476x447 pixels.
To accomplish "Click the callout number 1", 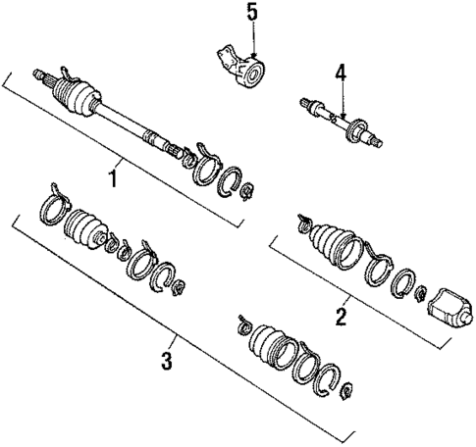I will [x=114, y=179].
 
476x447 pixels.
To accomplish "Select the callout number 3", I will [x=167, y=360].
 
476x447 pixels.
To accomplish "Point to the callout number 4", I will [x=340, y=72].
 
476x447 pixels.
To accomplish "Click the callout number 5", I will [x=252, y=15].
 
